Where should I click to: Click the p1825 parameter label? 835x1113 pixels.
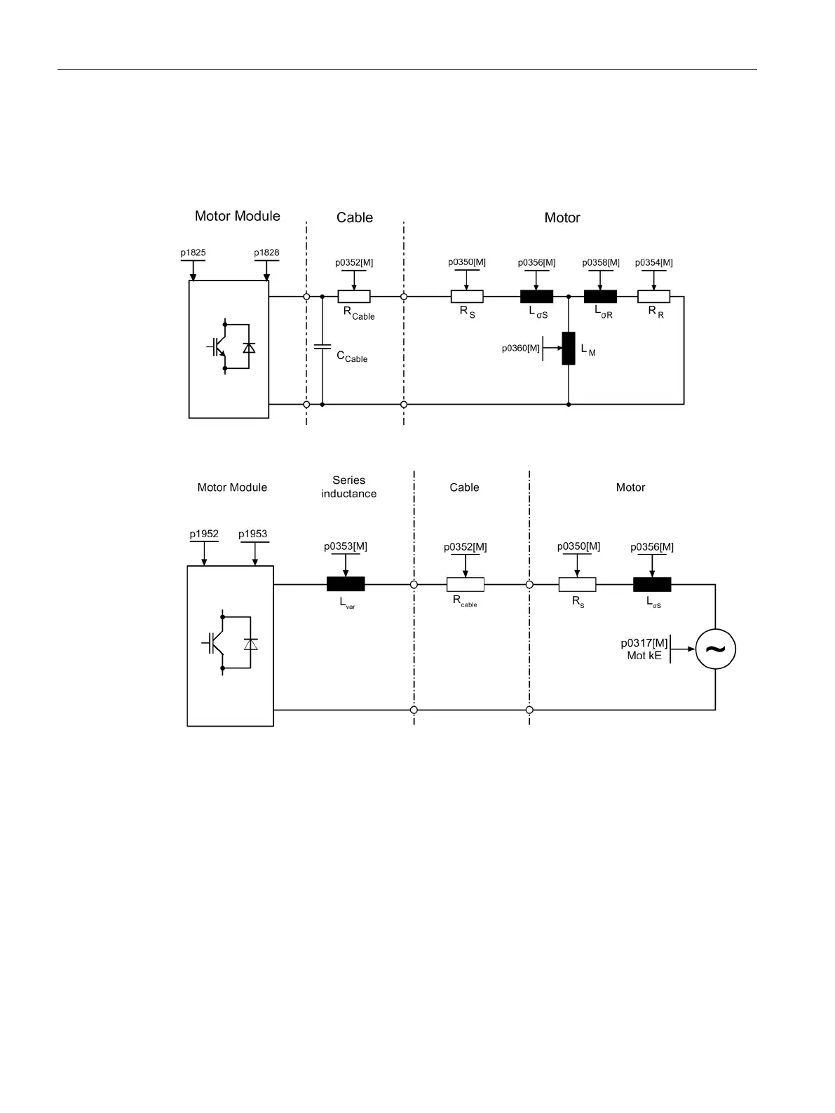click(193, 252)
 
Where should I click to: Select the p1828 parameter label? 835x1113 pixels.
click(266, 252)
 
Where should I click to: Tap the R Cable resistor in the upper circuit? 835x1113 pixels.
click(354, 297)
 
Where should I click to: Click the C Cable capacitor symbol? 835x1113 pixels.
click(323, 347)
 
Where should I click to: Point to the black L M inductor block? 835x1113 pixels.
click(569, 349)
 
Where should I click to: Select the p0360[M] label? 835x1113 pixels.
click(521, 349)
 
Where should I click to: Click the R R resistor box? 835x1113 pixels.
click(653, 297)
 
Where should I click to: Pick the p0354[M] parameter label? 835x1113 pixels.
click(653, 263)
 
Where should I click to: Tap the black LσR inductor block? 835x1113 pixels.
click(600, 297)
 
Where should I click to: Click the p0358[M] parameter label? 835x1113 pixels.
click(601, 263)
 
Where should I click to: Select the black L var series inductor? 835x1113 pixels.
click(346, 584)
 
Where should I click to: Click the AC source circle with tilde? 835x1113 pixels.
click(715, 649)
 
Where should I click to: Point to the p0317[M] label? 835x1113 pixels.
click(644, 643)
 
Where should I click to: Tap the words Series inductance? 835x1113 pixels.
click(348, 487)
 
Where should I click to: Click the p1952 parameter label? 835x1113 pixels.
click(204, 534)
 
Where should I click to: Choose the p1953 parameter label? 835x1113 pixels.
click(253, 534)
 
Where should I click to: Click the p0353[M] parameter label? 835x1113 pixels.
click(346, 546)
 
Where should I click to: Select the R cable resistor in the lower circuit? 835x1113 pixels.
click(465, 584)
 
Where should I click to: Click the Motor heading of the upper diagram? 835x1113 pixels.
click(562, 218)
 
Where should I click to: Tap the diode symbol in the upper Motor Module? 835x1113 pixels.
click(249, 348)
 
